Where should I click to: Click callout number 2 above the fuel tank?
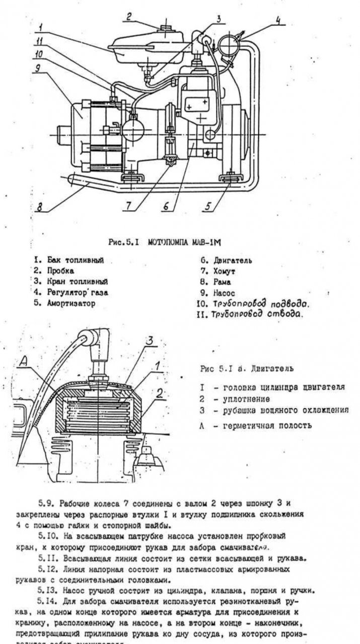pyautogui.click(x=129, y=17)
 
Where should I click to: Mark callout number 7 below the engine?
pyautogui.click(x=129, y=206)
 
